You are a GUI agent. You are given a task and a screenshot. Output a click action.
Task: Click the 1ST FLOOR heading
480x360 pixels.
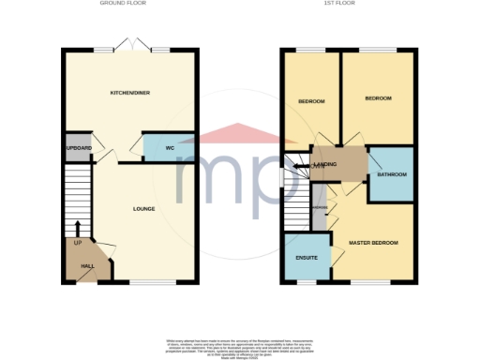tap(348, 4)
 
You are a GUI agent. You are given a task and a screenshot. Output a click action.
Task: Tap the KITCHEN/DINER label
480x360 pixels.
tap(130, 93)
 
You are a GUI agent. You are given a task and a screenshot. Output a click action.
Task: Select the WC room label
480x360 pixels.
tap(171, 148)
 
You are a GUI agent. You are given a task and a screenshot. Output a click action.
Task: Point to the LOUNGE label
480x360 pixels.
tap(143, 208)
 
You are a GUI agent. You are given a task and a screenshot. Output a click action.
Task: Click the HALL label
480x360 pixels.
tap(87, 266)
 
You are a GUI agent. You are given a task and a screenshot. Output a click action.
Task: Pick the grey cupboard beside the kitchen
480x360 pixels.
tap(77, 148)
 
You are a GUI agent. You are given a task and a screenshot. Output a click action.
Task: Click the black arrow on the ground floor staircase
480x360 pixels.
tap(78, 228)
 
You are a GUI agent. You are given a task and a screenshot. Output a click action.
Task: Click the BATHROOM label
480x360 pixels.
tap(391, 174)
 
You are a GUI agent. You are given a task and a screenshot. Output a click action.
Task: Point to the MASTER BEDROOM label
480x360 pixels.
tap(373, 243)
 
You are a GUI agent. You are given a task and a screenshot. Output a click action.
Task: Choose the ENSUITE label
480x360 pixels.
tap(306, 257)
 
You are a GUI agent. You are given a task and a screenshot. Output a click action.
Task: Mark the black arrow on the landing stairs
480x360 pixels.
tap(302, 166)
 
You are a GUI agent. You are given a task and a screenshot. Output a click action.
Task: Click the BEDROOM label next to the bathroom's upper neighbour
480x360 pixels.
tap(378, 98)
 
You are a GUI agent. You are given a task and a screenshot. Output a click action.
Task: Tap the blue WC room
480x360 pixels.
tap(169, 148)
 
